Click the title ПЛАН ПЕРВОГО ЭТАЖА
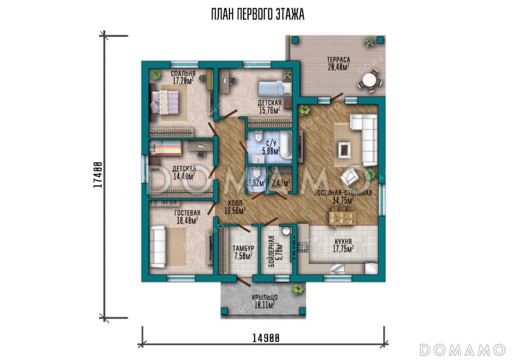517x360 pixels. tap(257, 14)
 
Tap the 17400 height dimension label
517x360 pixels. tap(98, 175)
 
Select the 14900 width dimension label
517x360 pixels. tap(266, 337)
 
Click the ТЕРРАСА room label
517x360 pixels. tap(338, 60)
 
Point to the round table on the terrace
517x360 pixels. tap(369, 81)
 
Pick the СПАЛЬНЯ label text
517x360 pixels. tap(183, 74)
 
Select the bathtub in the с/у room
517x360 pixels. tap(286, 147)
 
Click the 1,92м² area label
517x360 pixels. tap(257, 183)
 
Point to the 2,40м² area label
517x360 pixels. tap(281, 183)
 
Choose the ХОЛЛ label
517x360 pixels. tap(235, 203)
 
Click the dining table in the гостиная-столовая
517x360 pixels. tap(342, 218)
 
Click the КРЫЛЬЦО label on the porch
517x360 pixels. tap(265, 298)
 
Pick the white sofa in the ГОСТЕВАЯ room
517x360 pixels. tap(158, 247)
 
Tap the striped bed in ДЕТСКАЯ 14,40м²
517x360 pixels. tap(165, 149)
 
